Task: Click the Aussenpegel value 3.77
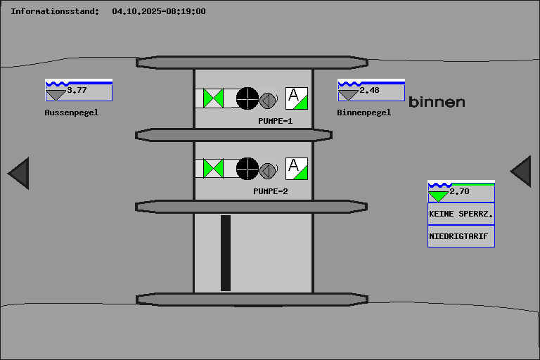tap(77, 90)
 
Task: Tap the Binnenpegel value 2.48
tap(369, 90)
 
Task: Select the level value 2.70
tap(459, 191)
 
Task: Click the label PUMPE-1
tap(275, 121)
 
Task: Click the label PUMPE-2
tap(271, 191)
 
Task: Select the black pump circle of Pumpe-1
tap(247, 98)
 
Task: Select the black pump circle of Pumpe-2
tap(247, 168)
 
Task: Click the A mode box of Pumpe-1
tap(297, 98)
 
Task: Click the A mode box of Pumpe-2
tap(297, 169)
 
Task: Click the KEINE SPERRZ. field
tap(461, 214)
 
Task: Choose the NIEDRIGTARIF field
tap(461, 236)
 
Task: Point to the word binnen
tap(437, 103)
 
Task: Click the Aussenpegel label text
tap(72, 112)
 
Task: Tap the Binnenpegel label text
tap(364, 112)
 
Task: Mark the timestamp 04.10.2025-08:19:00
tap(159, 11)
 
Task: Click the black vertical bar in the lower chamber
tap(226, 253)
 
